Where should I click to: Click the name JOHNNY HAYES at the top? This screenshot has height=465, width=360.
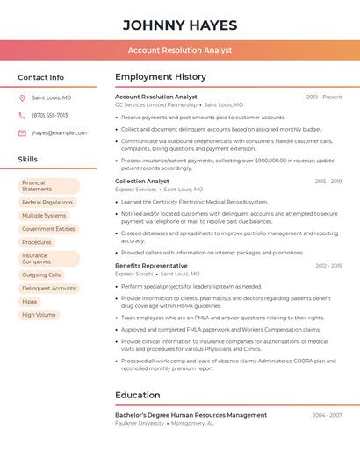(x=180, y=24)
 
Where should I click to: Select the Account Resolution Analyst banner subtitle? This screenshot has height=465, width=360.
(x=180, y=50)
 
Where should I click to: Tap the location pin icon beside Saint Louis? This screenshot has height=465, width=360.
(x=22, y=97)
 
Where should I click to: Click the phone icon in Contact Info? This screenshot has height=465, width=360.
(x=22, y=115)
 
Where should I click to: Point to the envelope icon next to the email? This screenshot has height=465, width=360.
(x=22, y=133)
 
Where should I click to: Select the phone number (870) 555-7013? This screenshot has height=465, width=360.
(x=49, y=115)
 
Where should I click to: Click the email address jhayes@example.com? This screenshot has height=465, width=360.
(x=59, y=133)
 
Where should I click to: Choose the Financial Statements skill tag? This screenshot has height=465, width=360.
(x=48, y=186)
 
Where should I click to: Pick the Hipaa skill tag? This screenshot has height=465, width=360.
(x=30, y=301)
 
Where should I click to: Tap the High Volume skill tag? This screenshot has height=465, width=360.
(x=39, y=314)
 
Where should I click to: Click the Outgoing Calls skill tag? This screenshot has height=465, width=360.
(x=41, y=275)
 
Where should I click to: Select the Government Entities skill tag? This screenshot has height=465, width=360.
(x=48, y=229)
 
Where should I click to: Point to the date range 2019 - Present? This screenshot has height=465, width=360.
(x=323, y=97)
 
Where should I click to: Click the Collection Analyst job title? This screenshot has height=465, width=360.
(x=142, y=181)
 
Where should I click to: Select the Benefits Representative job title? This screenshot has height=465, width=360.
(x=151, y=265)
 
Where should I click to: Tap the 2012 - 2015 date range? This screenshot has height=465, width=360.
(x=328, y=265)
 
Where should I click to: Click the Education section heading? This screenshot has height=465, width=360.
(x=138, y=395)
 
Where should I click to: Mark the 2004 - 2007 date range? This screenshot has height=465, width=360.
(x=327, y=415)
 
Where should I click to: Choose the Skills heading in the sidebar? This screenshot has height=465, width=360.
(x=28, y=160)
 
